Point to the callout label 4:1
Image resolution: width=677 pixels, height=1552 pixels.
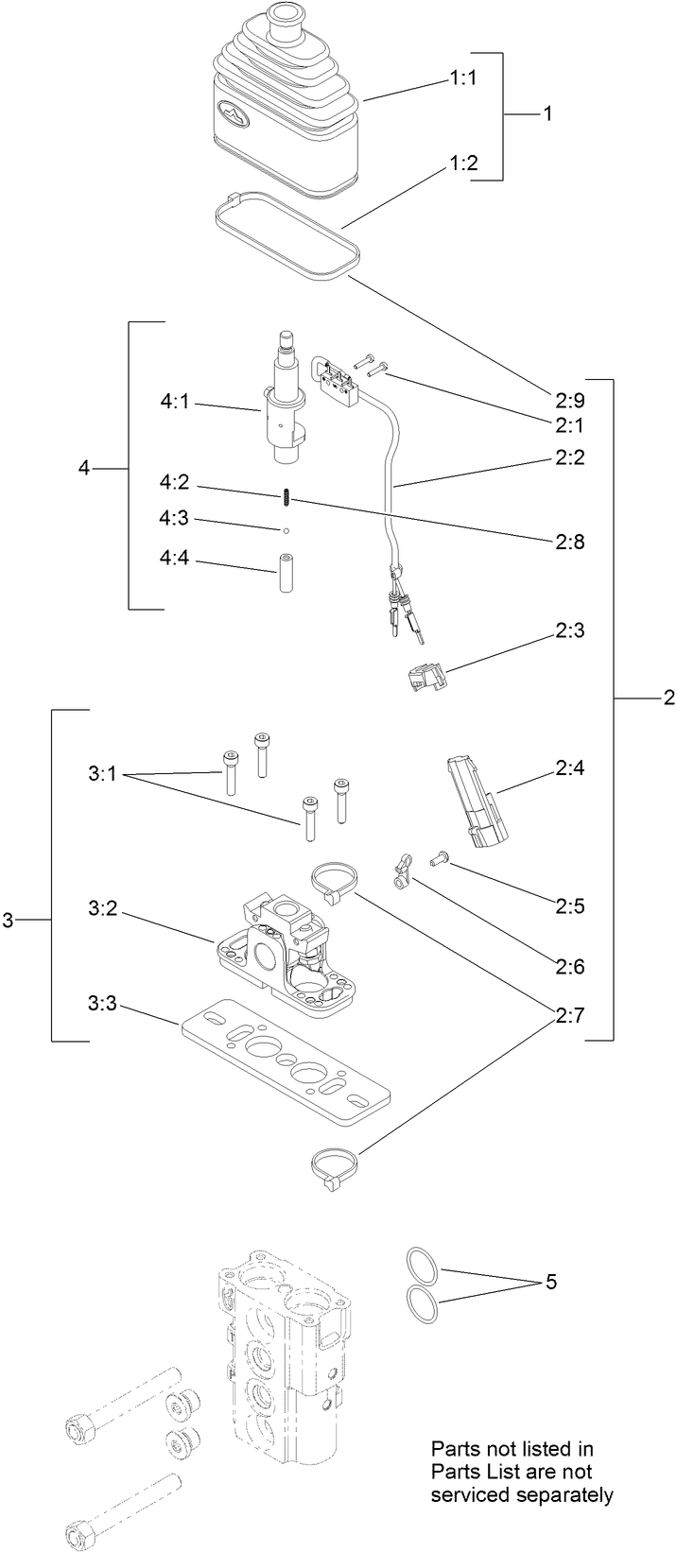[x=176, y=402]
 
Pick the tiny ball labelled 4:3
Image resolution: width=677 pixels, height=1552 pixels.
[x=283, y=529]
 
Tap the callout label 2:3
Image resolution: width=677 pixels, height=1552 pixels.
[x=570, y=630]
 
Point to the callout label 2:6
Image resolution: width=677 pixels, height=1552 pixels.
[x=570, y=967]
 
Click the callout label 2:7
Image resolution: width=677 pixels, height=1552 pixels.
[x=570, y=1017]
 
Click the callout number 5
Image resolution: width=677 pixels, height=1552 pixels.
[x=550, y=1283]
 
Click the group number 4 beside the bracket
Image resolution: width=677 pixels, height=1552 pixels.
[x=84, y=469]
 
